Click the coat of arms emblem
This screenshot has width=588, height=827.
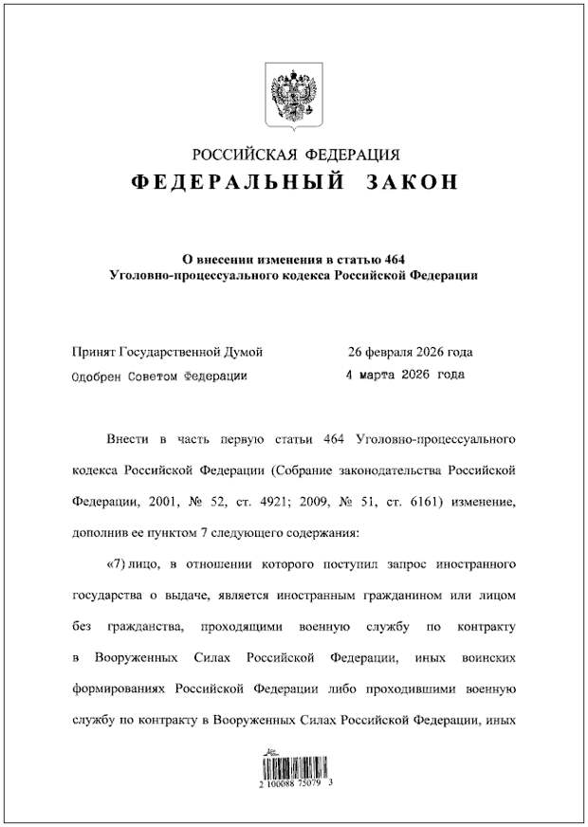coord(295,94)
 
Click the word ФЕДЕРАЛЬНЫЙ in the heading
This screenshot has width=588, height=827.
coord(238,182)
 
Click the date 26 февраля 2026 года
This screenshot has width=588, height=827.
coord(409,352)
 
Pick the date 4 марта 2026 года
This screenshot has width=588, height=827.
coord(405,375)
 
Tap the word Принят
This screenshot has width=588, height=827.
coord(94,352)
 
